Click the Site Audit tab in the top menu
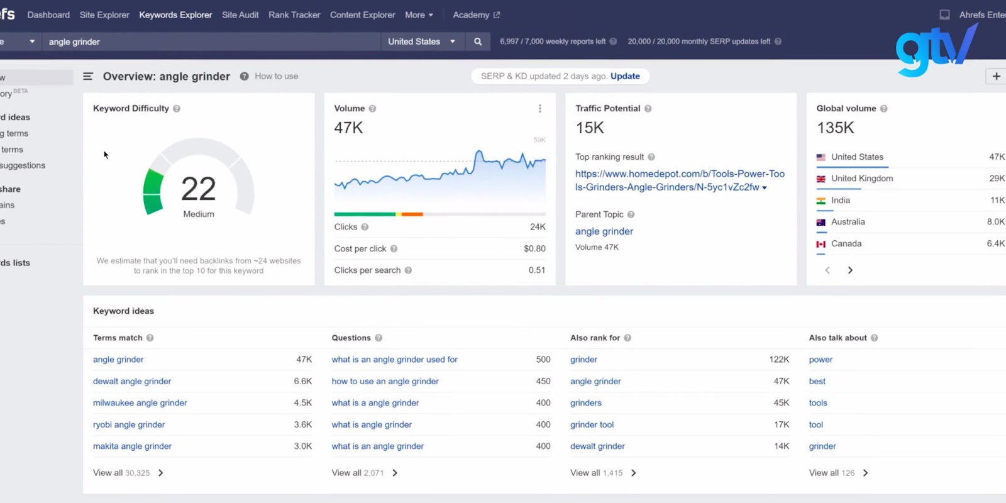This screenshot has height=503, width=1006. (240, 14)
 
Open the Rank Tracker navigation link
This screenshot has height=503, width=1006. (294, 14)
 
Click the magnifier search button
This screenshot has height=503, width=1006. (478, 41)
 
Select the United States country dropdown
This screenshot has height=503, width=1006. (421, 41)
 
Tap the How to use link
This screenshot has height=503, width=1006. (276, 76)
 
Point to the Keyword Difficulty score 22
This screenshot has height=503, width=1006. (198, 189)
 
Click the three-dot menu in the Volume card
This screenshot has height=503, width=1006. (539, 109)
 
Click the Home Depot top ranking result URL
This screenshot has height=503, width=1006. (679, 180)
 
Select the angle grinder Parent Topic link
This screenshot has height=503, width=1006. (604, 231)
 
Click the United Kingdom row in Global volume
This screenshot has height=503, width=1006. (861, 179)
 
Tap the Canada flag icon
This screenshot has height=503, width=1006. (821, 244)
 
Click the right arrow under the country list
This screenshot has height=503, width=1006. (850, 270)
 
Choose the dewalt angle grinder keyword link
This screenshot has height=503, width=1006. (132, 381)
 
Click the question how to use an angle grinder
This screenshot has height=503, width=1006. (385, 381)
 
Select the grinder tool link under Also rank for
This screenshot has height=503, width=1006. (592, 424)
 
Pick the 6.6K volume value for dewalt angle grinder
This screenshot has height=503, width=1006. (302, 381)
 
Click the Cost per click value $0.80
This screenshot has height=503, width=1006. (534, 248)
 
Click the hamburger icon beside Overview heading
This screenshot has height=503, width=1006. (88, 76)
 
